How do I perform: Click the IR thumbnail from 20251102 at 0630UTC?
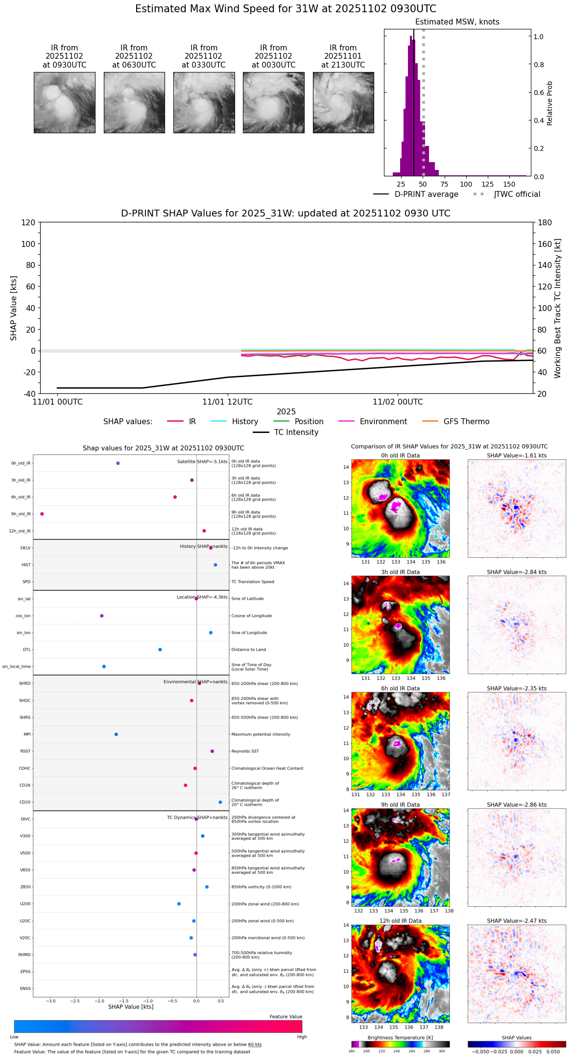point(134,102)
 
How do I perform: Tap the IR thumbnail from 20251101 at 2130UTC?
point(343,102)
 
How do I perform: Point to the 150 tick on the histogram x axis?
point(509,184)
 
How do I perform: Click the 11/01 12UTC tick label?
point(227,402)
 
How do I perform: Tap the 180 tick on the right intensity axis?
point(545,223)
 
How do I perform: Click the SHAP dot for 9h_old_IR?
point(42,514)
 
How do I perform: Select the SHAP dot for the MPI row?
point(116,734)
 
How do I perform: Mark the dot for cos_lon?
point(102,616)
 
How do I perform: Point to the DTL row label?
point(26,650)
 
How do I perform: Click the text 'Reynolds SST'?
point(245,751)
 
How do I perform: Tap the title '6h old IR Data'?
point(400,688)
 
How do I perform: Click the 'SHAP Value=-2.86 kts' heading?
point(517,805)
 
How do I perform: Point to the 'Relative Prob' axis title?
point(549,103)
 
